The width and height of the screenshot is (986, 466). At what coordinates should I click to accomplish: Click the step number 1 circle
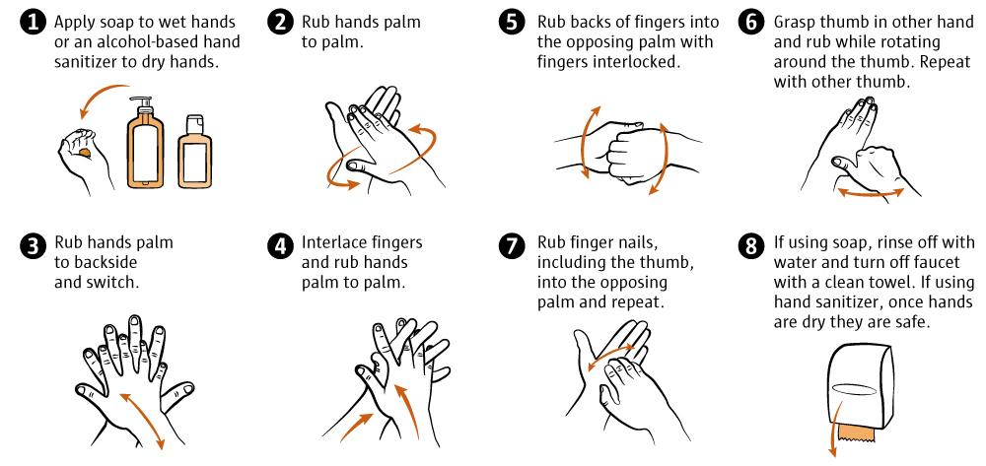click(33, 24)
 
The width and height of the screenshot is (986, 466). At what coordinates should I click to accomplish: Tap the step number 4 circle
click(279, 245)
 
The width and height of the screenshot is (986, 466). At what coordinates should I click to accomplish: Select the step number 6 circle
click(750, 24)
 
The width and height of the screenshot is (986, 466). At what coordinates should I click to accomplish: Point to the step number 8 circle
click(750, 245)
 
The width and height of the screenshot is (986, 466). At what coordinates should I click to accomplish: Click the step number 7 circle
click(514, 245)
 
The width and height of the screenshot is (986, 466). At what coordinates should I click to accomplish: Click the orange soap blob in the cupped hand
click(84, 152)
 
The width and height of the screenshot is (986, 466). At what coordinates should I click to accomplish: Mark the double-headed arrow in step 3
click(142, 420)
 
